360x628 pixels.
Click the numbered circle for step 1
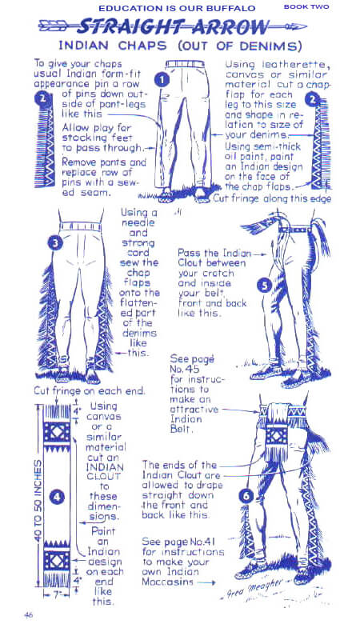click(x=162, y=80)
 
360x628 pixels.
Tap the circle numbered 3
click(x=56, y=242)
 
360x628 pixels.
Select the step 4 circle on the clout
click(x=57, y=498)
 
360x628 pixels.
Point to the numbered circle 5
click(x=265, y=285)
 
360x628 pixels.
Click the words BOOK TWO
click(x=306, y=7)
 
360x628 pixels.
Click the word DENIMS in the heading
click(x=270, y=46)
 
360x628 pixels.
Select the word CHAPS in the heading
click(x=142, y=46)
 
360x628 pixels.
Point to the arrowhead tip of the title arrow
click(x=307, y=27)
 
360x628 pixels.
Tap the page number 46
click(x=28, y=615)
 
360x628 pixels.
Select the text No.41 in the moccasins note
click(x=202, y=542)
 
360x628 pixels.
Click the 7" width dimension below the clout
click(x=56, y=594)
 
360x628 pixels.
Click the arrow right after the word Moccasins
click(x=206, y=582)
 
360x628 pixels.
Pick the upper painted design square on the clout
click(x=57, y=433)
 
